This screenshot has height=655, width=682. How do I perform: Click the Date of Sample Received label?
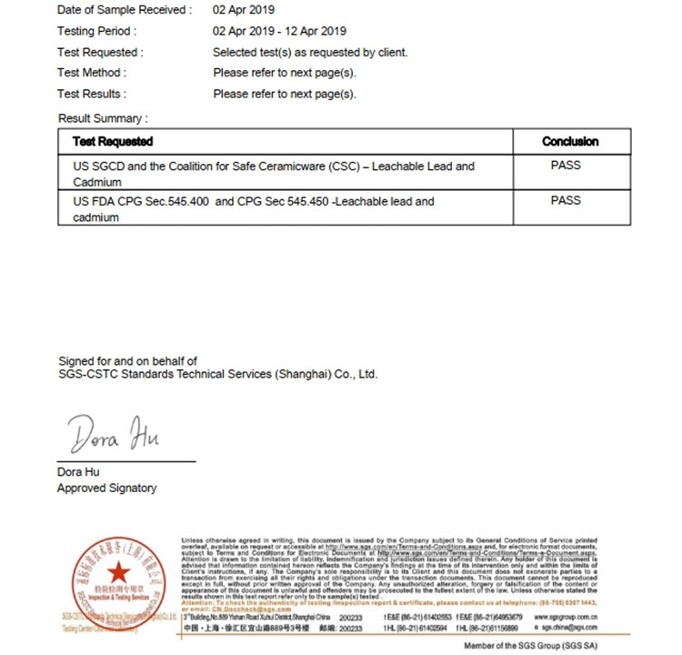click(x=125, y=10)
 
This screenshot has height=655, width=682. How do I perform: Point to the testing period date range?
click(x=279, y=31)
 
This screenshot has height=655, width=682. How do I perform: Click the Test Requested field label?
click(x=100, y=52)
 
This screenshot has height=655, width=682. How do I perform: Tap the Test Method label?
click(x=92, y=73)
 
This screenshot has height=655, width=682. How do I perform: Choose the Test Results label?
click(x=92, y=94)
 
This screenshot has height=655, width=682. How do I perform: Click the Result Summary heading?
click(x=103, y=118)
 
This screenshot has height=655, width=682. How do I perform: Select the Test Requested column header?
click(x=113, y=142)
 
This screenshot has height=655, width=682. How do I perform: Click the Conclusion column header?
click(x=570, y=142)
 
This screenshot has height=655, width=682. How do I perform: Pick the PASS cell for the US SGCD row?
click(x=566, y=166)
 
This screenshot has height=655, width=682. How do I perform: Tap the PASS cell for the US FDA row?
click(x=566, y=200)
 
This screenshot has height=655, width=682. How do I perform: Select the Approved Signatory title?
click(x=106, y=489)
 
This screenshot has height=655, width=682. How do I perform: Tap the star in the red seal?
click(x=116, y=573)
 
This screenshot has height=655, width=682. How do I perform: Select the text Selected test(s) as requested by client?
click(x=310, y=52)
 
